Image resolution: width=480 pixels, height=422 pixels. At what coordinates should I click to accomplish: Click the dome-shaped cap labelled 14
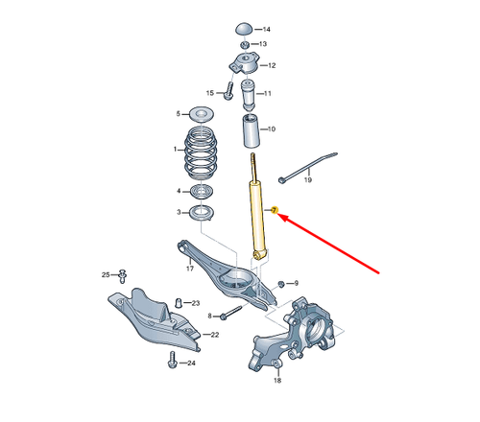click(245, 29)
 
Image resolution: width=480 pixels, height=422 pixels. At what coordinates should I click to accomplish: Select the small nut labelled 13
click(245, 44)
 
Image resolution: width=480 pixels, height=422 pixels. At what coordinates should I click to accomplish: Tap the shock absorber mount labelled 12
click(244, 64)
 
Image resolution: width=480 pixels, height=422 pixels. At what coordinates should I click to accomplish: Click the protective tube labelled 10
click(252, 130)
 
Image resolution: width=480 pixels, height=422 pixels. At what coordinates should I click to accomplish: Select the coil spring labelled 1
click(202, 154)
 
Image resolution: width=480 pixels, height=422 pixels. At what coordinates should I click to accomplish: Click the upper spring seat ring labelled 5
click(202, 114)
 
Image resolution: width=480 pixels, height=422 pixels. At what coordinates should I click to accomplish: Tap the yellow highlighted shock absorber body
click(258, 218)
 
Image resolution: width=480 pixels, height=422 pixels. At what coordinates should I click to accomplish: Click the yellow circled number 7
click(274, 210)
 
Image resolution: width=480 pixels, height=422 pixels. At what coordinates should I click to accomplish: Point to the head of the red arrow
click(279, 215)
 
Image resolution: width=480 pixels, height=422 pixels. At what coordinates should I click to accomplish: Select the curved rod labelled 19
click(308, 167)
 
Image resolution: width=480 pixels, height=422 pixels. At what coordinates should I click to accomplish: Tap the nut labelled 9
click(281, 283)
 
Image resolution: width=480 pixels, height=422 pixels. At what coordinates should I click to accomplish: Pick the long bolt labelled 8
click(230, 314)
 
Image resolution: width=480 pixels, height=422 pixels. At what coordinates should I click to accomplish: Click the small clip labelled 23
click(180, 302)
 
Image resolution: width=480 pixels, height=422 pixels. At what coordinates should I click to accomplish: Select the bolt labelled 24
click(173, 360)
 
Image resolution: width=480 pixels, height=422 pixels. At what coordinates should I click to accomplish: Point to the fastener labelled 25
click(122, 276)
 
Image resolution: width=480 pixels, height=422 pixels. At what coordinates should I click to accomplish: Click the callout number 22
click(215, 335)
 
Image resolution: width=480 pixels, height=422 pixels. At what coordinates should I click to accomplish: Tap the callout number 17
click(190, 269)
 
